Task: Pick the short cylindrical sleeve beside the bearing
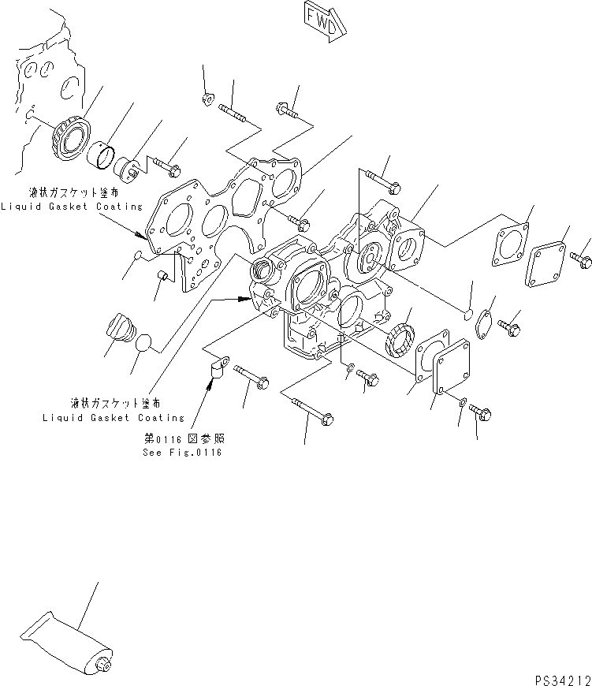[x=102, y=152]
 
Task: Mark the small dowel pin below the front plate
[x=163, y=275]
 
